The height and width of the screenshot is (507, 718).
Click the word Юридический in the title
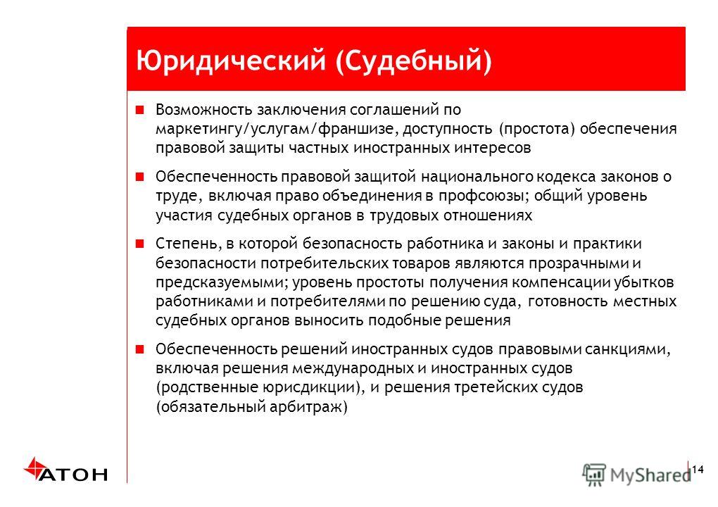pos(231,61)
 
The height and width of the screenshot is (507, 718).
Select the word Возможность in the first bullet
pos(203,109)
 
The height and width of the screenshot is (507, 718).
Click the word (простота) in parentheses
pos(536,129)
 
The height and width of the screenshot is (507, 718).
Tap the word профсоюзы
pos(484,196)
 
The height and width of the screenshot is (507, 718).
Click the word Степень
pos(188,244)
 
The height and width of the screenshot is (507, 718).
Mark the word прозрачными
pos(579,263)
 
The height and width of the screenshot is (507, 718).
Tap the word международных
pos(353,368)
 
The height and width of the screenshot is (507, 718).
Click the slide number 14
pos(698,470)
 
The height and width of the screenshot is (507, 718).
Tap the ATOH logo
pos(65,470)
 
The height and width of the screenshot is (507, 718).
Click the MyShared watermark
pos(636,475)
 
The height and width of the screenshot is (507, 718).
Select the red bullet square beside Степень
pos(139,243)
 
